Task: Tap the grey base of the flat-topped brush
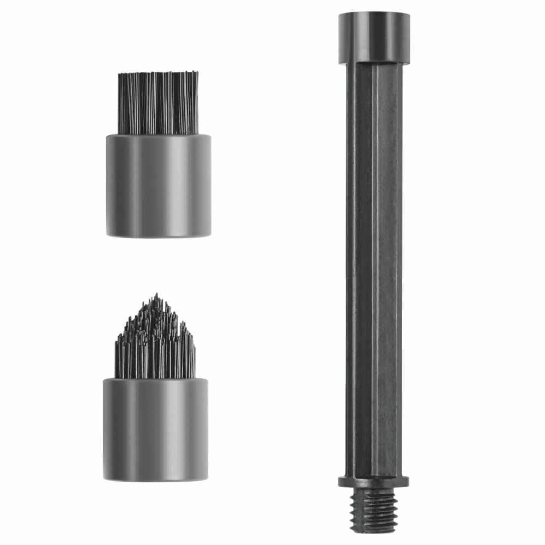[158, 185]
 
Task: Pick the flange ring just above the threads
[374, 482]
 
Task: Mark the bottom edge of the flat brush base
[158, 235]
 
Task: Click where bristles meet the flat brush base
[158, 135]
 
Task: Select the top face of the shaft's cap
[374, 15]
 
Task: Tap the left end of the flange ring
[340, 482]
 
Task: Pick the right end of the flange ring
[409, 482]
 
